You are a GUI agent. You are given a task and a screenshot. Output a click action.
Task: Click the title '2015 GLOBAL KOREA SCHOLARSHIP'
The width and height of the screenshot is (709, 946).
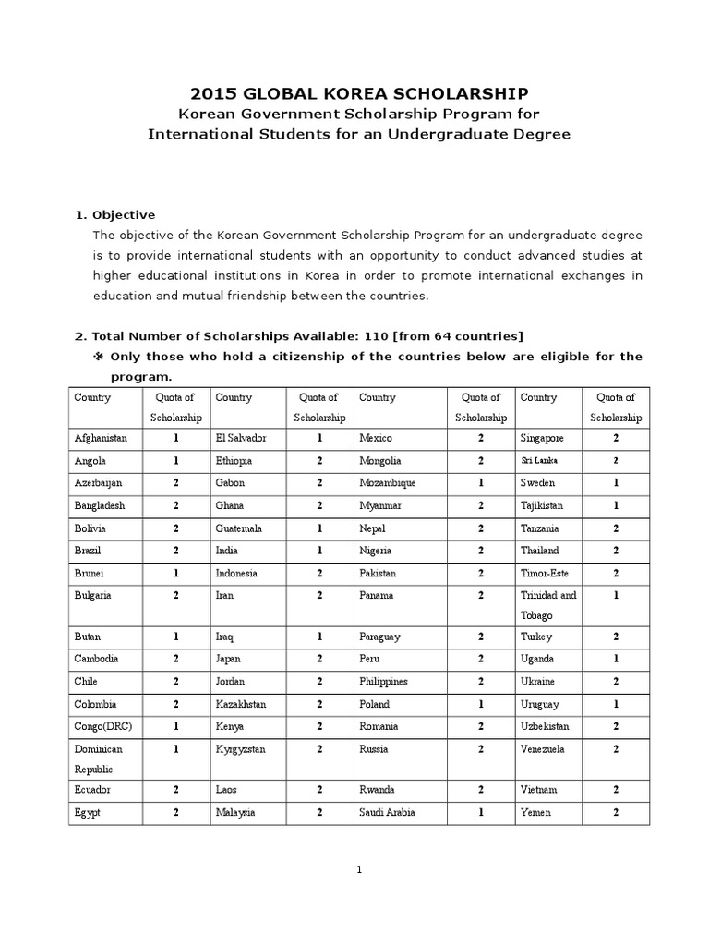[x=359, y=93]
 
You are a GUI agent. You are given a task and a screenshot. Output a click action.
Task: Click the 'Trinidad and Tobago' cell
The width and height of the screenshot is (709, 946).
[x=548, y=605]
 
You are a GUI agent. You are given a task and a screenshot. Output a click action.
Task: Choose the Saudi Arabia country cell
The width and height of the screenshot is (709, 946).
[x=387, y=813]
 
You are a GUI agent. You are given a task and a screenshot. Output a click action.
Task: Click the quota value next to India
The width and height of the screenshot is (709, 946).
[x=319, y=551]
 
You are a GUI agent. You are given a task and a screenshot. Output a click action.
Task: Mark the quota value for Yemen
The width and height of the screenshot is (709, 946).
[x=616, y=813]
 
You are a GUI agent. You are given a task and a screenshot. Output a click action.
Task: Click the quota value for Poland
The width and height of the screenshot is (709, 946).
[x=480, y=704]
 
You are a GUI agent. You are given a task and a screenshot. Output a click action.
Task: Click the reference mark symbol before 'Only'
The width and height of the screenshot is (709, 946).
[x=100, y=357]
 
